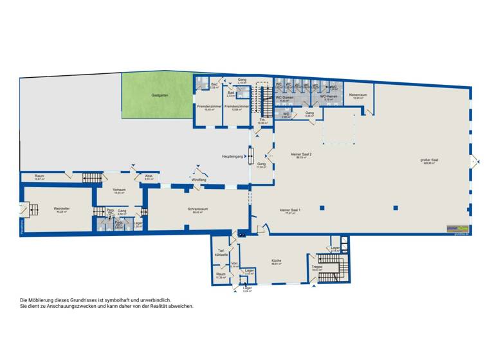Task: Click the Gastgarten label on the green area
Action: (160, 95)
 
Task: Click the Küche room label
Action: (277, 260)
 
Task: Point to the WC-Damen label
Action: (284, 97)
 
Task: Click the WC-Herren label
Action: (329, 97)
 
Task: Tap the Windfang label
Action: (199, 179)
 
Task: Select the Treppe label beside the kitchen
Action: (316, 266)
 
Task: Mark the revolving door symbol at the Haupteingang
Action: (251, 156)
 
